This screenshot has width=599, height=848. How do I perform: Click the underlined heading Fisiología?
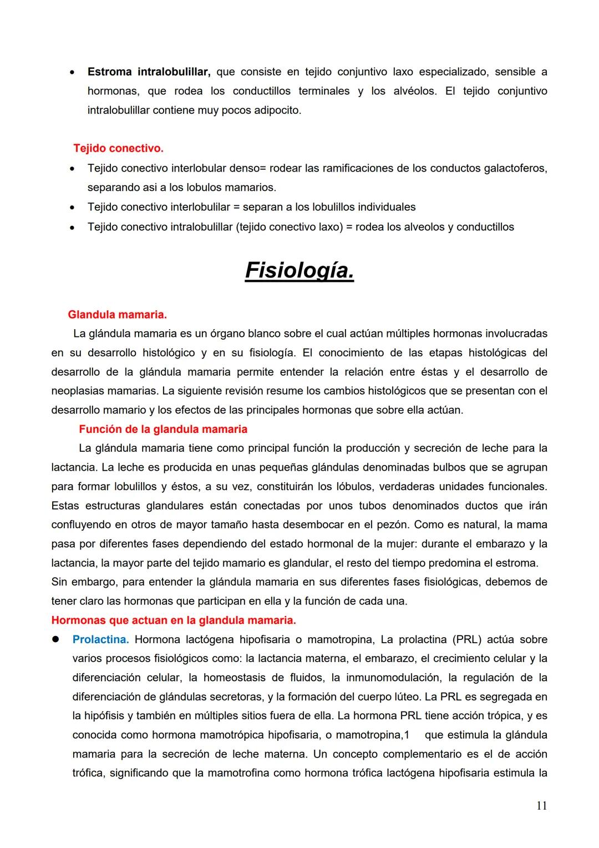tap(299, 271)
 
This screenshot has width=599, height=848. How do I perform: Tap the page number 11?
tap(541, 806)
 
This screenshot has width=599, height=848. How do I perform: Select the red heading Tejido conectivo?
tap(118, 149)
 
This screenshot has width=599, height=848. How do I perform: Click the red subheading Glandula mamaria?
tap(117, 315)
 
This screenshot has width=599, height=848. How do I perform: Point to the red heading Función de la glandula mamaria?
tap(163, 429)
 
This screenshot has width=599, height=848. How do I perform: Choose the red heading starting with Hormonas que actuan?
tap(173, 620)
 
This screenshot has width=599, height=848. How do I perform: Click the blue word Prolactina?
tap(100, 639)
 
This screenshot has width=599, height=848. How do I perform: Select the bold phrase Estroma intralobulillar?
tap(149, 72)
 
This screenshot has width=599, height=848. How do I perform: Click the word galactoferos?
tap(515, 168)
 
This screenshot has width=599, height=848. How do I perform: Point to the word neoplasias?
tap(78, 391)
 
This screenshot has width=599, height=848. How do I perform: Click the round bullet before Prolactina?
tap(55, 639)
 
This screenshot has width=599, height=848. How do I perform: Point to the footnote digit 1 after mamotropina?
tap(407, 735)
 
